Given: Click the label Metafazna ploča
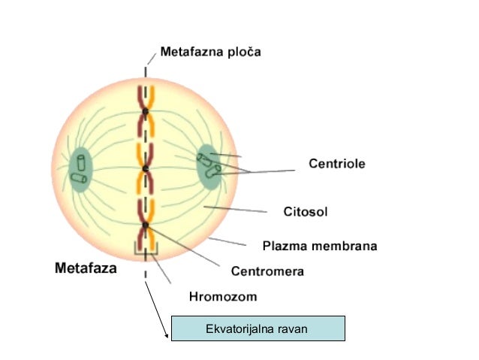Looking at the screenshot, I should (210, 53).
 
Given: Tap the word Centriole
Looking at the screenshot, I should (337, 162).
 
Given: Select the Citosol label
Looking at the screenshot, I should (306, 211).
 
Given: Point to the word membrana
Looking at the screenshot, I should (345, 246).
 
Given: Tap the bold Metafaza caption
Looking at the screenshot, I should (86, 268).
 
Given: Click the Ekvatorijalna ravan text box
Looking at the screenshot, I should (258, 328).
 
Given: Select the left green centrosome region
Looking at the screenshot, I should (80, 171).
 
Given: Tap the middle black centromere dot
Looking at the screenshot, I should (145, 168).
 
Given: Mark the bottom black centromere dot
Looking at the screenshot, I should (145, 225).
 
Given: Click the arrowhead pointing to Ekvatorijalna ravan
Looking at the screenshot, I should (166, 336).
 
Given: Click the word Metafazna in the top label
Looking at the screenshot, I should (191, 53).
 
